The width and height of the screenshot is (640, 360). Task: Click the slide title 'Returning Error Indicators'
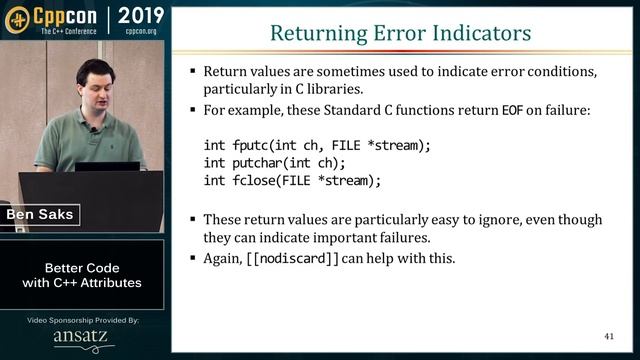[401, 33]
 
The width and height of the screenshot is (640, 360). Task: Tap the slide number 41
[609, 336]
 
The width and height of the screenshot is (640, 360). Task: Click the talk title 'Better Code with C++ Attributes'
[82, 275]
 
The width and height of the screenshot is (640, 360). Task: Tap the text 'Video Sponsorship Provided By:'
[83, 320]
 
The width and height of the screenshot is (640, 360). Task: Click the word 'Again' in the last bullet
[222, 258]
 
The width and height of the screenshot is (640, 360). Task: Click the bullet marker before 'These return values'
[193, 220]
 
